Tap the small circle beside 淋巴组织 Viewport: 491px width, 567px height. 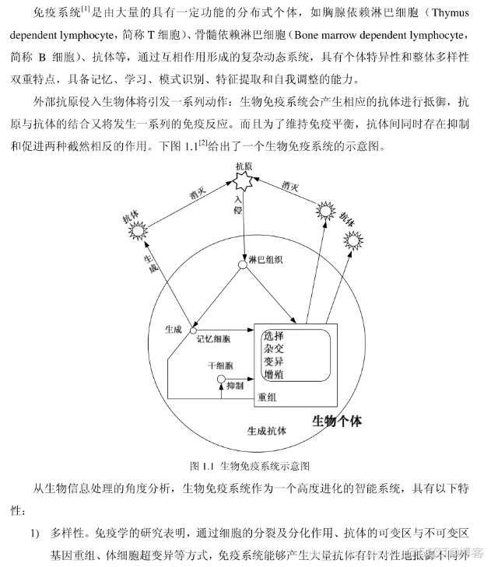tap(242, 265)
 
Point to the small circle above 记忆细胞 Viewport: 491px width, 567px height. tap(193, 331)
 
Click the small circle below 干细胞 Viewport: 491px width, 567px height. tap(221, 380)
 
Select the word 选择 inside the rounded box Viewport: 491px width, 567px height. tap(273, 336)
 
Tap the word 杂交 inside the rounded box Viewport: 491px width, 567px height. tap(273, 349)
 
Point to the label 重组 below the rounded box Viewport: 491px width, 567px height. tap(268, 397)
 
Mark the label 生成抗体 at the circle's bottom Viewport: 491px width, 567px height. tap(266, 431)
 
